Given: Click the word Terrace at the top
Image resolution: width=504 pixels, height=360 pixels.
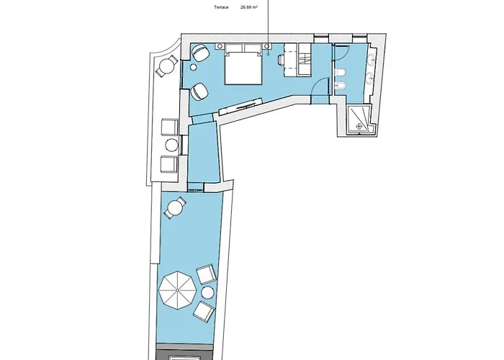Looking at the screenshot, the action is pyautogui.click(x=221, y=7).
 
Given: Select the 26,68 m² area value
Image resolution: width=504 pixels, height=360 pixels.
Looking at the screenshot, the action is pyautogui.click(x=249, y=7).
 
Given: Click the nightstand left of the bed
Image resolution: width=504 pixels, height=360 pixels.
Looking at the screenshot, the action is pyautogui.click(x=220, y=47).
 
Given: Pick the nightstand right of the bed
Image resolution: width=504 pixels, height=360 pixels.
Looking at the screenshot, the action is pyautogui.click(x=267, y=47).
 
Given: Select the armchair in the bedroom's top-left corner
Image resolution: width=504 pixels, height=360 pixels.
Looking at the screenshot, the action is pyautogui.click(x=201, y=53).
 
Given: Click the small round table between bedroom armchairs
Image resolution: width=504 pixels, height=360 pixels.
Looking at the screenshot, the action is pyautogui.click(x=194, y=68).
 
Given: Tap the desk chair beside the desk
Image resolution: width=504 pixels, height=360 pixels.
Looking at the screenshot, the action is pyautogui.click(x=281, y=60).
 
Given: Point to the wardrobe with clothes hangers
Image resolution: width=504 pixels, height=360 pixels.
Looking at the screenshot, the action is pyautogui.click(x=305, y=60).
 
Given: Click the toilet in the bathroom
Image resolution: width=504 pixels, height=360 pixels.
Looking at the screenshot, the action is pyautogui.click(x=340, y=74).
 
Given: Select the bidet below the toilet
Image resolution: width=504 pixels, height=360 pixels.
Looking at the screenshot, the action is pyautogui.click(x=340, y=86).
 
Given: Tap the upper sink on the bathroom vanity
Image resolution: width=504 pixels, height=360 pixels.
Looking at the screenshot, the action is pyautogui.click(x=372, y=59).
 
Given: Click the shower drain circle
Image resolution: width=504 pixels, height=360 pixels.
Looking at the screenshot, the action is pyautogui.click(x=359, y=127).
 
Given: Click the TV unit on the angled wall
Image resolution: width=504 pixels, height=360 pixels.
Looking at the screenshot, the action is pyautogui.click(x=241, y=107).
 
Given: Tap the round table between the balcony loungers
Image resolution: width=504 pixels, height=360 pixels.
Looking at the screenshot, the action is pyautogui.click(x=171, y=145).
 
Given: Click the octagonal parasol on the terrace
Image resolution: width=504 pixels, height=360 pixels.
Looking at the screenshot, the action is pyautogui.click(x=177, y=290).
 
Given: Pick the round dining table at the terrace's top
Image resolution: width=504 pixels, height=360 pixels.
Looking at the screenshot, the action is pyautogui.click(x=175, y=207).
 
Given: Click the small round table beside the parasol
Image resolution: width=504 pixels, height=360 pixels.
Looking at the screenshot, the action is pyautogui.click(x=207, y=293).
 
